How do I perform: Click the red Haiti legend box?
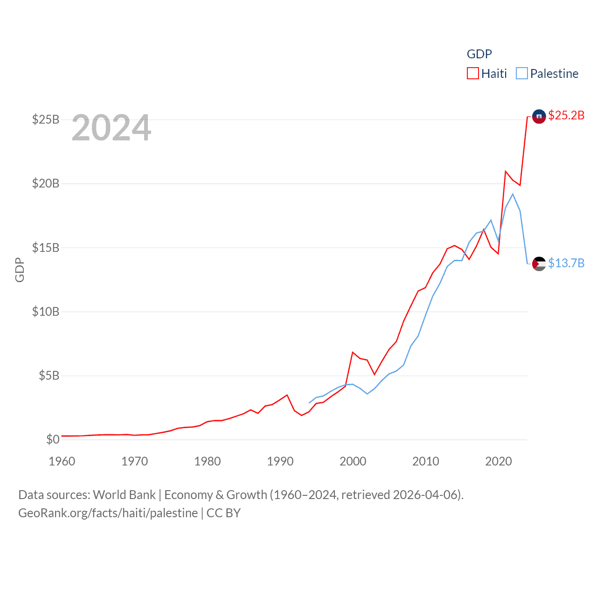coord(473,74)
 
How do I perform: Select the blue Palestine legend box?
coord(522,74)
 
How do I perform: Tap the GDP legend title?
coord(479,54)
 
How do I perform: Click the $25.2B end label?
coord(566,115)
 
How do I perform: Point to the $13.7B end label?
coord(566,263)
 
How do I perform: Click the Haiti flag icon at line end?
coord(539,117)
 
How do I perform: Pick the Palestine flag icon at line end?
coord(539,264)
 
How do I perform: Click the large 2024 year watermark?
coord(111,128)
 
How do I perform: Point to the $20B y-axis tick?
coord(46,183)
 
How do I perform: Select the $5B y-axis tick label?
coord(49,375)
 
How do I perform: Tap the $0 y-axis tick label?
coord(53,439)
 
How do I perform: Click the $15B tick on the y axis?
coord(46,248)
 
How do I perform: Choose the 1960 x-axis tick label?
coord(62,461)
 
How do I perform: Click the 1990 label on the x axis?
coord(280,461)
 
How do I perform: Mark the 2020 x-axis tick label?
coord(499,461)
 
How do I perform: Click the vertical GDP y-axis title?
coord(20,270)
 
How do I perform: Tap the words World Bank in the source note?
coord(124,495)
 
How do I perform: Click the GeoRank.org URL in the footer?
coord(108,513)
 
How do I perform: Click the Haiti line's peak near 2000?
coord(353,352)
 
